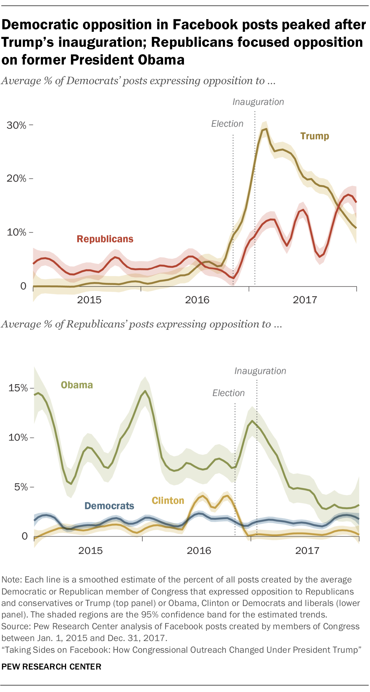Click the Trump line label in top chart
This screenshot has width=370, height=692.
pyautogui.click(x=314, y=136)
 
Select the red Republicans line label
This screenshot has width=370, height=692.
pyautogui.click(x=105, y=239)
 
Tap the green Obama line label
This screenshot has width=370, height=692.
pyautogui.click(x=77, y=385)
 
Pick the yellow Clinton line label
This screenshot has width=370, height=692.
pyautogui.click(x=168, y=500)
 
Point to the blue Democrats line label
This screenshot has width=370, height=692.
pyautogui.click(x=109, y=506)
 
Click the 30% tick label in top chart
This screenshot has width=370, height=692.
pyautogui.click(x=17, y=125)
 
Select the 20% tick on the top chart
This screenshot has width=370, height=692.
pyautogui.click(x=17, y=178)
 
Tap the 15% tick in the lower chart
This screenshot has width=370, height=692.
pyautogui.click(x=18, y=388)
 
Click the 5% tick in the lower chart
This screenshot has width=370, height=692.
pyautogui.click(x=21, y=487)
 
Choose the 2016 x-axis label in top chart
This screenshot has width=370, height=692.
pyautogui.click(x=197, y=300)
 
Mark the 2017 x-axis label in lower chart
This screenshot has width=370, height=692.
pyautogui.click(x=307, y=550)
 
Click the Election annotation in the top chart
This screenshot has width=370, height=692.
pyautogui.click(x=227, y=124)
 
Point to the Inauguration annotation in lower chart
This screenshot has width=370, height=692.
pyautogui.click(x=260, y=371)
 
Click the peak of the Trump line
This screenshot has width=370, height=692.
pyautogui.click(x=266, y=129)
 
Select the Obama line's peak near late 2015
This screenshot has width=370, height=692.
pyautogui.click(x=145, y=391)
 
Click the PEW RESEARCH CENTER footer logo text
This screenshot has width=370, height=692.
pyautogui.click(x=51, y=666)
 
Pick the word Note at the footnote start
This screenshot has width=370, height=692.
pyautogui.click(x=11, y=580)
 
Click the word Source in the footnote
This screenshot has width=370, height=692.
pyautogui.click(x=16, y=626)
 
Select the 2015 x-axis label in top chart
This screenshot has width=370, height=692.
pyautogui.click(x=89, y=300)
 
